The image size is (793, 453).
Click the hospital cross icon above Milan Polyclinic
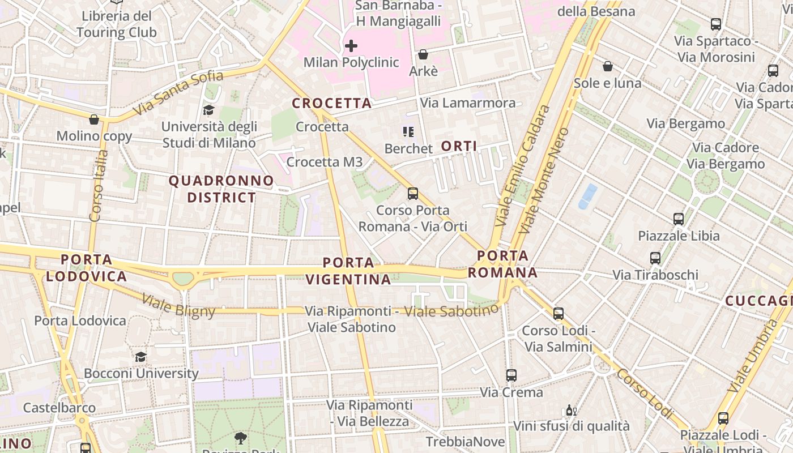click(351, 45)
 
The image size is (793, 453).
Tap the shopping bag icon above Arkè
click(423, 54)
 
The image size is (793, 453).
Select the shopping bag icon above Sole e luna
click(608, 66)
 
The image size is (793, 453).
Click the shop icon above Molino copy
click(94, 119)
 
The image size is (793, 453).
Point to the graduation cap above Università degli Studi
click(209, 110)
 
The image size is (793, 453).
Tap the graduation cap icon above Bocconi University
click(140, 357)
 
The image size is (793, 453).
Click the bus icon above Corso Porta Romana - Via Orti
click(413, 194)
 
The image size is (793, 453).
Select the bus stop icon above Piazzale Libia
click(679, 219)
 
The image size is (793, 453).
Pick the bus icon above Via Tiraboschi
click(655, 258)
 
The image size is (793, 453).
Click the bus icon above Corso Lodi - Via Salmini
click(558, 313)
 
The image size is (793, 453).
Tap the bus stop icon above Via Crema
click(511, 375)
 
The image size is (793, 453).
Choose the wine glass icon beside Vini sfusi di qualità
click(571, 410)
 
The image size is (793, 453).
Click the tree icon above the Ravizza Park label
click(241, 438)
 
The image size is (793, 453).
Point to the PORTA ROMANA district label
click(502, 264)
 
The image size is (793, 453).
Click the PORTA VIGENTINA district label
click(348, 271)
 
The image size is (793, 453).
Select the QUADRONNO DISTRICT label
click(221, 189)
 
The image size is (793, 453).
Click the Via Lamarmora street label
click(468, 103)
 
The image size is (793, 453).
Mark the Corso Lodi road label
click(644, 393)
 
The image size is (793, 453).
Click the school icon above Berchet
click(408, 132)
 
